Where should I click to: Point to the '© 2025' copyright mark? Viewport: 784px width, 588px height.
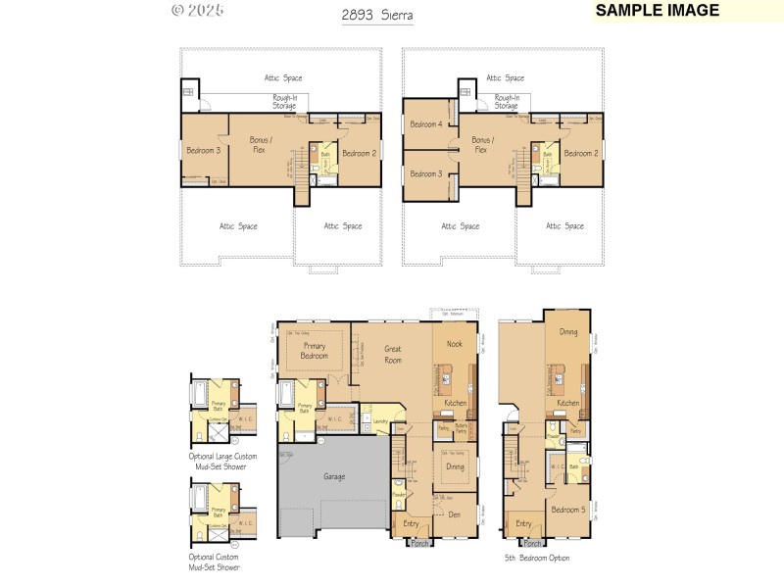[197, 11]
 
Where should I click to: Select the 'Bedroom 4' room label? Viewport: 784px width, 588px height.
[426, 124]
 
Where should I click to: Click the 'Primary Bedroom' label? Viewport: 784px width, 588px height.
[315, 351]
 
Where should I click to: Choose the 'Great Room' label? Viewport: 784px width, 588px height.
[393, 354]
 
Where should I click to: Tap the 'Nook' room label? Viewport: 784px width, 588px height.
[455, 344]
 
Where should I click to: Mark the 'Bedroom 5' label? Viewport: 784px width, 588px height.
[567, 510]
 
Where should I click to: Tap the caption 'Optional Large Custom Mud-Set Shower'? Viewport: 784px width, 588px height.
[219, 462]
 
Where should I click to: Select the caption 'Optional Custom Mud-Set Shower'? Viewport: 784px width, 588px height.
[215, 563]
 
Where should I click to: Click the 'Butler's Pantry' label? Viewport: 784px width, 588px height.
[461, 429]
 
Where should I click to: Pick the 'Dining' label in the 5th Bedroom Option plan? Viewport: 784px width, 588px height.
[568, 332]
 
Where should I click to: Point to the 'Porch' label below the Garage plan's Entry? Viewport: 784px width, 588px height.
[419, 543]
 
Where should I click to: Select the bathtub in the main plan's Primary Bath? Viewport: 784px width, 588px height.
[285, 394]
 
